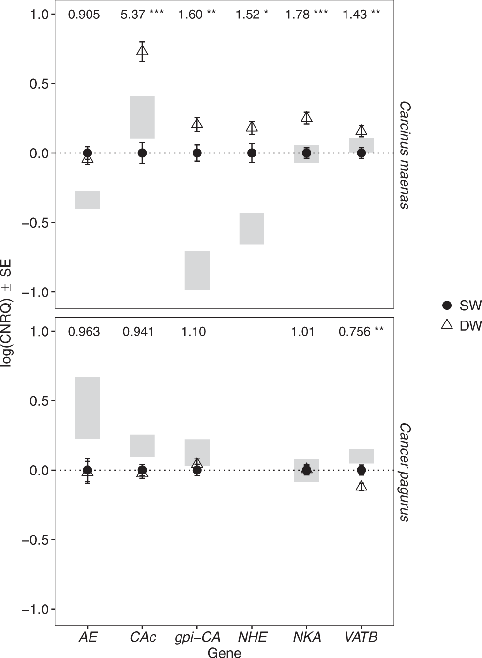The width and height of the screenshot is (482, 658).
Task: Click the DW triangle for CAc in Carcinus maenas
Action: (x=142, y=51)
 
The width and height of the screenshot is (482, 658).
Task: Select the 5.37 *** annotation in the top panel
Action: (x=142, y=15)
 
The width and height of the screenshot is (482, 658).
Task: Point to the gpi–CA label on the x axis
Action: (x=197, y=637)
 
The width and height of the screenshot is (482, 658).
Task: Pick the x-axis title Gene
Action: (x=224, y=652)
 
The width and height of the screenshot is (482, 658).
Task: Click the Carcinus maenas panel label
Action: (x=405, y=155)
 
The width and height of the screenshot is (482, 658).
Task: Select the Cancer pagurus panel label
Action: (x=405, y=472)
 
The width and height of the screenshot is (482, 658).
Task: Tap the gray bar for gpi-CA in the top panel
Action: (x=197, y=270)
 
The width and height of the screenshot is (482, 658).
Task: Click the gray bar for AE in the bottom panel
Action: (x=88, y=408)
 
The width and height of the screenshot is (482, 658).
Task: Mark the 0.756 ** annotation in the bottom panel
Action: (x=361, y=332)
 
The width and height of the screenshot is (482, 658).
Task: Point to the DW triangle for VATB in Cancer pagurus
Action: (x=361, y=486)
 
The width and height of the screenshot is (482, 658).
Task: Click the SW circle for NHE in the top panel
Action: (x=252, y=153)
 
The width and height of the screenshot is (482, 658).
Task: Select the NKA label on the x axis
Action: (x=307, y=637)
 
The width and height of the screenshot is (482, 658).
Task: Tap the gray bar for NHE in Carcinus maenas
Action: (x=252, y=228)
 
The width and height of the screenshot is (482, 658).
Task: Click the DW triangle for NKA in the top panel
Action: (x=306, y=118)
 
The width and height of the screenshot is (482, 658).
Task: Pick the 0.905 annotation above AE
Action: (x=84, y=15)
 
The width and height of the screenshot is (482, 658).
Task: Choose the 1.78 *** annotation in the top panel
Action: (x=306, y=15)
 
